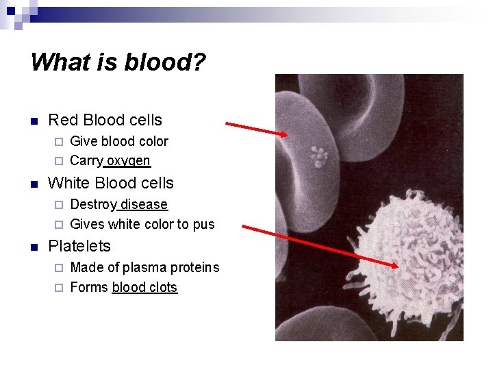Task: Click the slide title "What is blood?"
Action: [x=118, y=62]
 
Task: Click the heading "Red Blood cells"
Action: [x=105, y=120]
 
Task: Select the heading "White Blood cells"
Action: [x=110, y=183]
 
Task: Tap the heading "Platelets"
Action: [x=79, y=246]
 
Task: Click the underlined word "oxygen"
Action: [x=128, y=161]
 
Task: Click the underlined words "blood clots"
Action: [x=144, y=287]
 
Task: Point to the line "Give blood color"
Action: [x=118, y=141]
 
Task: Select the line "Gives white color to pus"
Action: [x=142, y=224]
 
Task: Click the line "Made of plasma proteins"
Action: [x=144, y=267]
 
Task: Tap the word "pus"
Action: [x=203, y=225]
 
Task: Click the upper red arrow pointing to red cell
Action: [x=257, y=129]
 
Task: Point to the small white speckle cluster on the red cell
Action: [x=318, y=156]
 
